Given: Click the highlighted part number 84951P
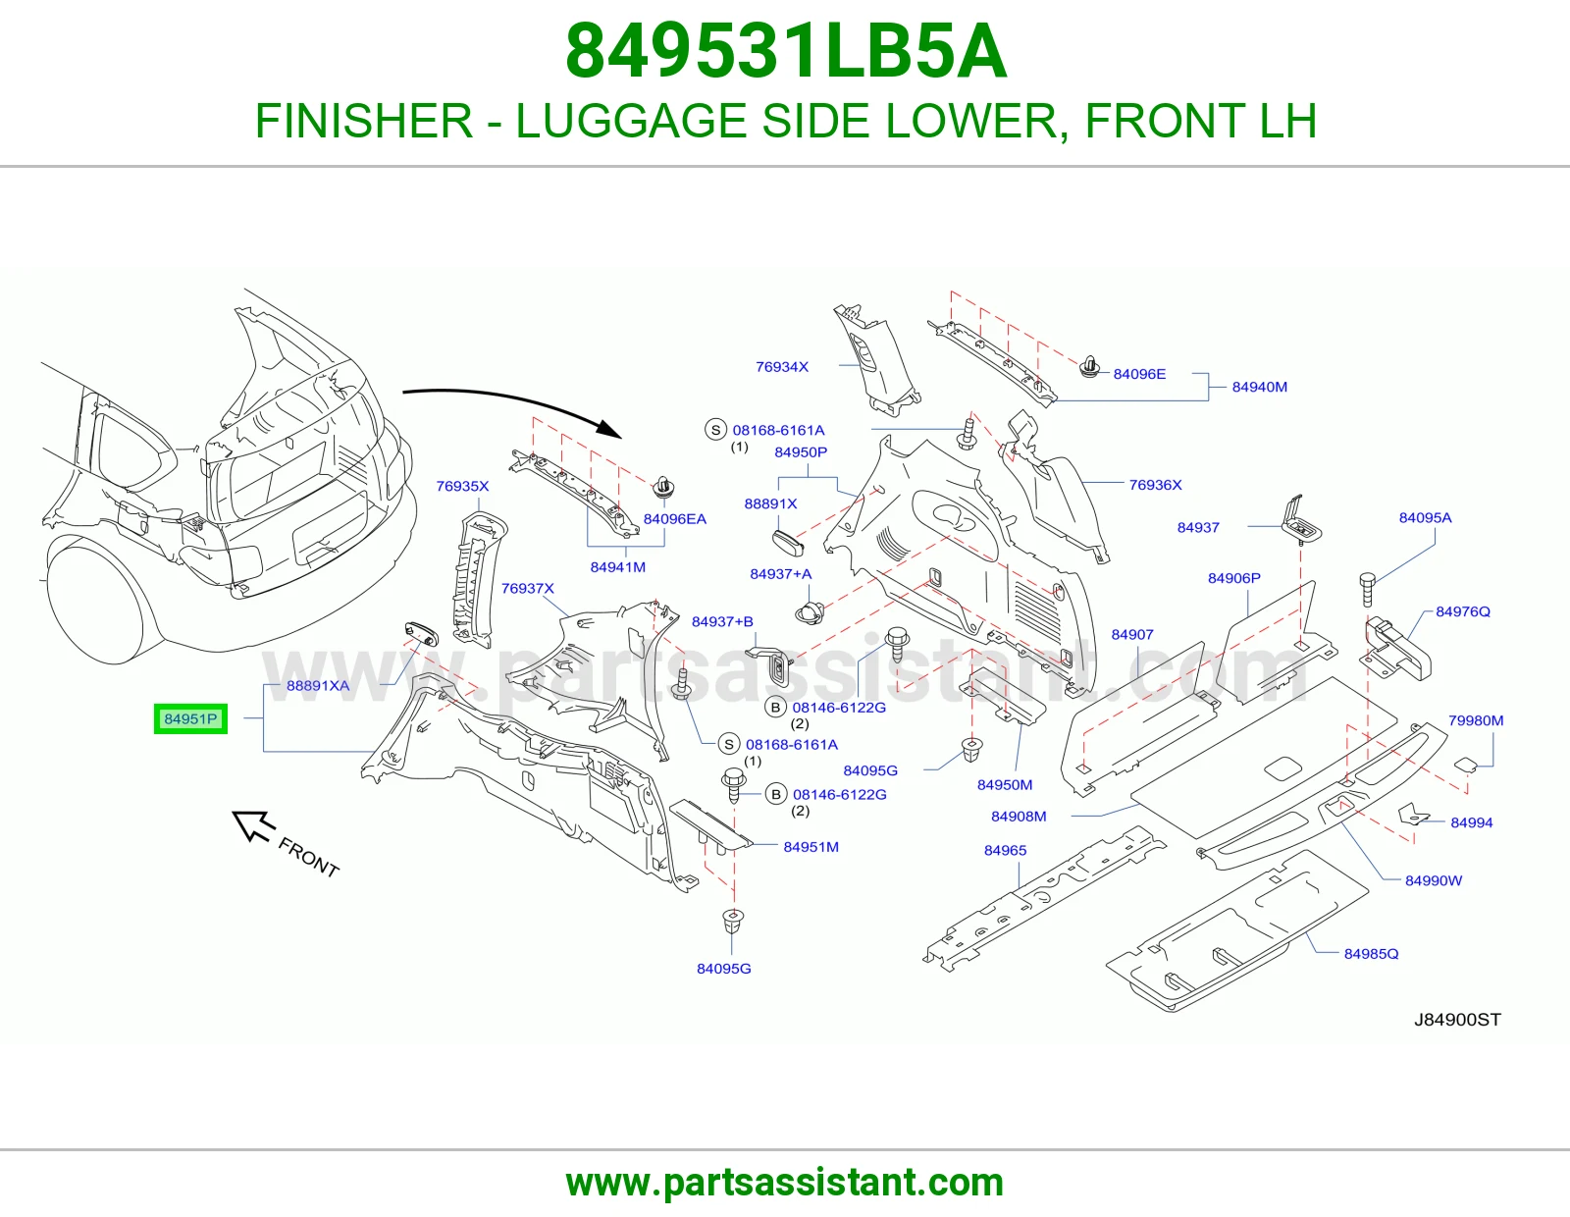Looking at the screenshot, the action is pos(190,718).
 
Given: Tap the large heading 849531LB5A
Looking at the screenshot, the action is pos(786,52).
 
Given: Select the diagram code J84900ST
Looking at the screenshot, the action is pos(1457,1020).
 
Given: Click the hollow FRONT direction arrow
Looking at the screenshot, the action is pos(253,825).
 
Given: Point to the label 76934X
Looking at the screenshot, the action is pos(782,366).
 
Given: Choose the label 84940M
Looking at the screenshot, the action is pos(1259,387).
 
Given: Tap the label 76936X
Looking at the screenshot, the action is pos(1155,484).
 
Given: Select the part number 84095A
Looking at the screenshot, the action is pos(1425,517).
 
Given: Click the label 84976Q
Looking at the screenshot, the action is pos(1463,611).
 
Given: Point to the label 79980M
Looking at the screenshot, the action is pos(1476,720).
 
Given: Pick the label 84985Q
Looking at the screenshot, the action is pos(1372,953).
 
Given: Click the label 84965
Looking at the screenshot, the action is pos(1005,850).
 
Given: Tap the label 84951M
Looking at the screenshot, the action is pos(811,846).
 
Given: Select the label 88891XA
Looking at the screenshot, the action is pos(318,685).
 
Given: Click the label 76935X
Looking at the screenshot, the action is pos(462,486).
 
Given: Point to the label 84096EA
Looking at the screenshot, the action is pos(675,519).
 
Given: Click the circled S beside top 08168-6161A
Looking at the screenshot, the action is pos(715,430).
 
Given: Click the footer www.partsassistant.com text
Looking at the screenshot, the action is pos(785,1183).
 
